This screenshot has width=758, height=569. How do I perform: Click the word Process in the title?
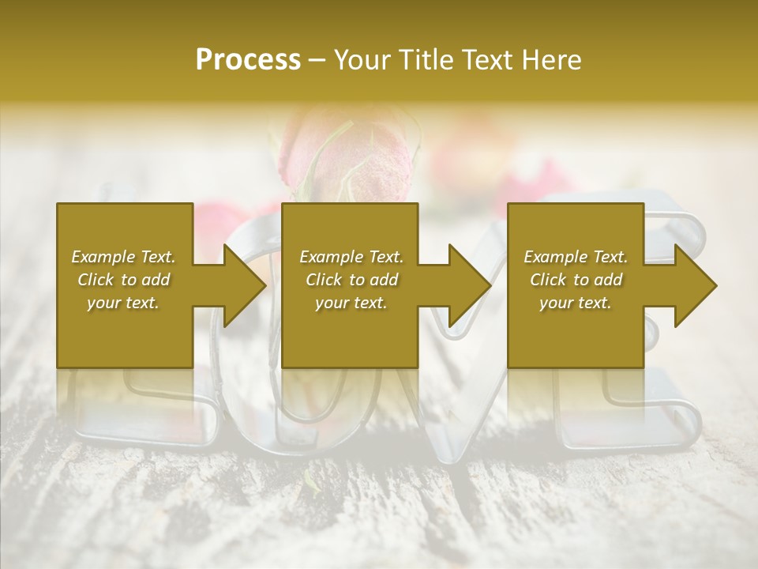[248, 60]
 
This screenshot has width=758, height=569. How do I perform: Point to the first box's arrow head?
[244, 285]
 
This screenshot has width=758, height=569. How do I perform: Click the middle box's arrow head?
[470, 285]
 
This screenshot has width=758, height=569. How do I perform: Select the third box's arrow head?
[696, 285]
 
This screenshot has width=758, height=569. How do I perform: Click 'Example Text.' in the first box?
[123, 257]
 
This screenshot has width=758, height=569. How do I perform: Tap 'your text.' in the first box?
[123, 303]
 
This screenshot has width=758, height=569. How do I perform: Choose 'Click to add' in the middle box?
[351, 280]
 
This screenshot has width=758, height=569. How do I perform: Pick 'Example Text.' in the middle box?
[351, 257]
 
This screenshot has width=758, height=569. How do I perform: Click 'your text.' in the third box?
[576, 303]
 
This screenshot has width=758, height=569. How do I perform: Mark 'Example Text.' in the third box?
[576, 257]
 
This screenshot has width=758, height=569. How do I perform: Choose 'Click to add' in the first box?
[123, 280]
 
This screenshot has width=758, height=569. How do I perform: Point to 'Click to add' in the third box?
[576, 280]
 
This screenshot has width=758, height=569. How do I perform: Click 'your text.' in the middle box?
[351, 303]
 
